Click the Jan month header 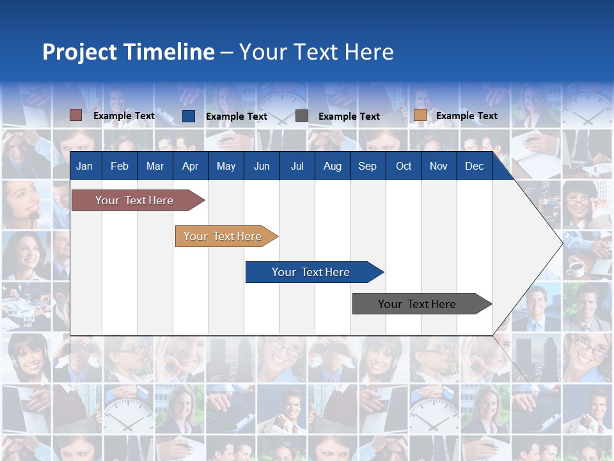84,166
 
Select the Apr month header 190,166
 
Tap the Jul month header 297,166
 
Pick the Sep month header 367,166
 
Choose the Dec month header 474,166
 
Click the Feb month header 120,166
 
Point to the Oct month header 404,166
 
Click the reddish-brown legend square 76,115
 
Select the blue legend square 189,116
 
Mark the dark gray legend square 302,116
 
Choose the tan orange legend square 420,115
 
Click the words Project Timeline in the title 129,52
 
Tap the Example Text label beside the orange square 466,116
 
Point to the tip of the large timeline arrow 561,243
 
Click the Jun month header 262,166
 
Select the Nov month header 439,166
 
